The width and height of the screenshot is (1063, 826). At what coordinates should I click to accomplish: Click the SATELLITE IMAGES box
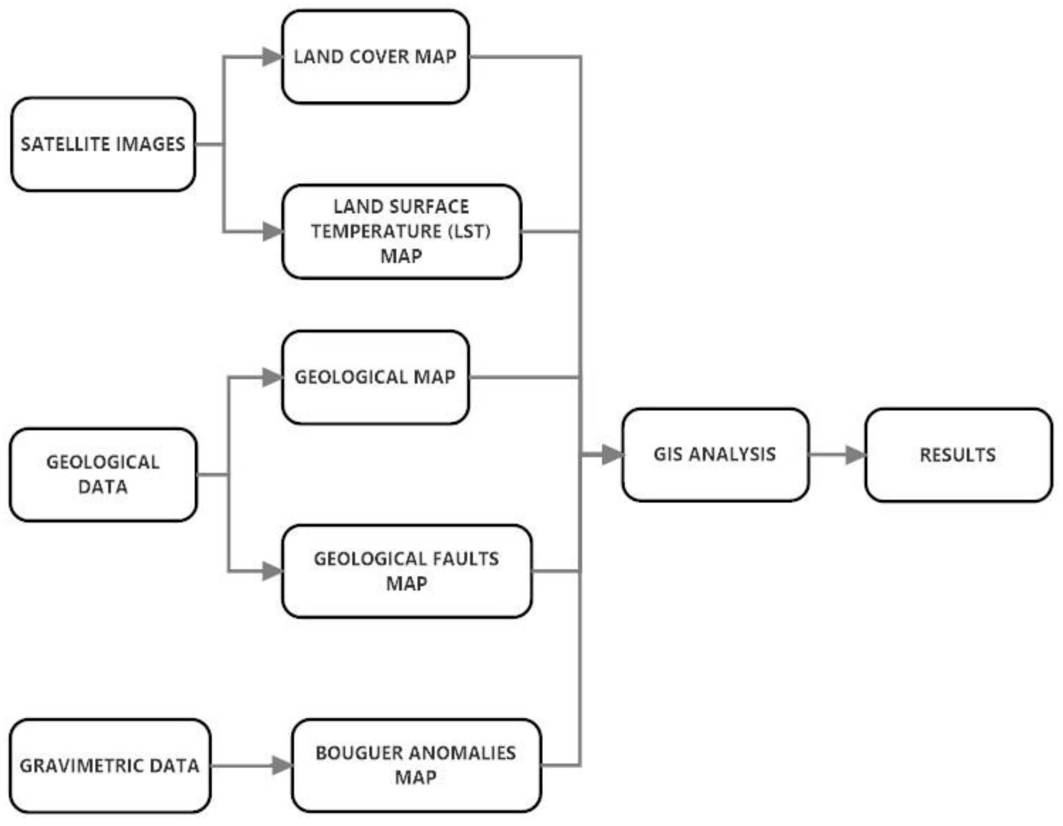tap(103, 144)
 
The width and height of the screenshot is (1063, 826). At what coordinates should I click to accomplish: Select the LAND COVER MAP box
tap(375, 57)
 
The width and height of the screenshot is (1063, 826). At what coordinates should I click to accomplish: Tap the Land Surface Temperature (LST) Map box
tap(402, 232)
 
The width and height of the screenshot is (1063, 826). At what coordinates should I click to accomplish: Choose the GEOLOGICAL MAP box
tap(375, 377)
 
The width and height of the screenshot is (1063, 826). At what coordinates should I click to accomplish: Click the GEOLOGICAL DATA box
tap(103, 474)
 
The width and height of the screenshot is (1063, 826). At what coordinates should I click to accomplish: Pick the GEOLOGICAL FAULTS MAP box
tap(406, 571)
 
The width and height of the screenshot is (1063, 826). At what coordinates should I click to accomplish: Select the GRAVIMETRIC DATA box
tap(110, 766)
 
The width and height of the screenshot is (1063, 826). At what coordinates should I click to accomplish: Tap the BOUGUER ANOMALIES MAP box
tap(416, 766)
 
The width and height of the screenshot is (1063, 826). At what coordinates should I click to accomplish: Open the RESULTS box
tap(958, 455)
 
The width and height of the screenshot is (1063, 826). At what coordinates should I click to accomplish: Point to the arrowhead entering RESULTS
tap(855, 455)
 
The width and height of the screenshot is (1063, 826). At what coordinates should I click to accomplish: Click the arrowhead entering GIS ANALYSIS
tap(612, 455)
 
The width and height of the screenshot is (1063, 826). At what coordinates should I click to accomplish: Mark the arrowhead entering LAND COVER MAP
tap(272, 57)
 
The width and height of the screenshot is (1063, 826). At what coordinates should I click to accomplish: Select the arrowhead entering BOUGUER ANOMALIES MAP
tap(282, 766)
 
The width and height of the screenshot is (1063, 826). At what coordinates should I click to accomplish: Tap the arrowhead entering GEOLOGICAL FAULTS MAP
tap(272, 571)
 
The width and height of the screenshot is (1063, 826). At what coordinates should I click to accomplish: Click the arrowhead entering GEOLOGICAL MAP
tap(272, 377)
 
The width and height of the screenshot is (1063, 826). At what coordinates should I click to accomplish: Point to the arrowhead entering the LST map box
tap(272, 232)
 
